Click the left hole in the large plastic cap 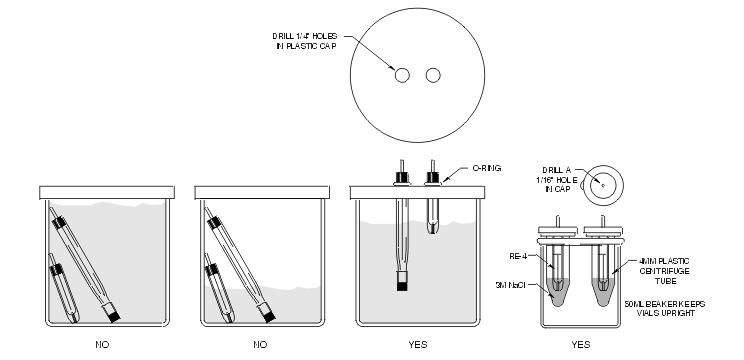(402, 75)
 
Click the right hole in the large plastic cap (433, 75)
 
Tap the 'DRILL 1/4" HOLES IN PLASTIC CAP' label (305, 41)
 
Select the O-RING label (486, 168)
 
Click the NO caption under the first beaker (102, 344)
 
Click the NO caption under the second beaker (260, 344)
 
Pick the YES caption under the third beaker (418, 344)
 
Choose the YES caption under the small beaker (581, 344)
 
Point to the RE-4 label (518, 257)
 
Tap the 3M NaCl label (510, 285)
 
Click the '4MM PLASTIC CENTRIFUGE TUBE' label (664, 271)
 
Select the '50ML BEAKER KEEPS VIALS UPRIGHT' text (665, 309)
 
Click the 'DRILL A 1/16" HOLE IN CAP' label (557, 180)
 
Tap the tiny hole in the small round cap (603, 185)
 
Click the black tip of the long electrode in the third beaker (402, 286)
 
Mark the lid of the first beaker (107, 193)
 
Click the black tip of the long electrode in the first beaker (114, 316)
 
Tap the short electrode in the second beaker (219, 288)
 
